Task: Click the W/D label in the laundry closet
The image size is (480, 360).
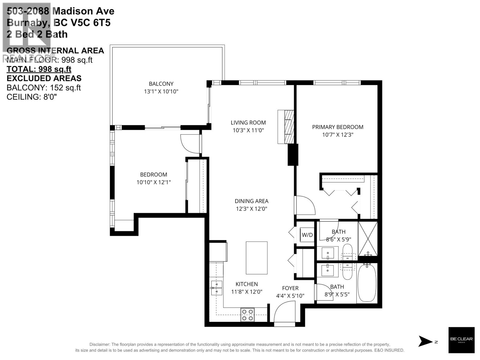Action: pos(307,235)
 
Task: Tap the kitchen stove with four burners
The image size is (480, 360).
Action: pos(247,315)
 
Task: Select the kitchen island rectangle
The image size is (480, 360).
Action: pos(256,258)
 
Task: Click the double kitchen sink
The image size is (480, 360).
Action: pos(217,288)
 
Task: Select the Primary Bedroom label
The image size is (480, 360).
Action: pos(337,127)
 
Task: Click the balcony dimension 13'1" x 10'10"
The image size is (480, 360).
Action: pos(161,91)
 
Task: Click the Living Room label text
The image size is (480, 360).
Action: pos(248,122)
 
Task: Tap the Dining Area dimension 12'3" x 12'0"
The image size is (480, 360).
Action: pos(251,209)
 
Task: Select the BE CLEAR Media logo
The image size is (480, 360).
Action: pos(461,340)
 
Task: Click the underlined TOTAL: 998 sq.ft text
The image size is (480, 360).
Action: pos(39,69)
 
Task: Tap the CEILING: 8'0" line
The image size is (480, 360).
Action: pos(31,97)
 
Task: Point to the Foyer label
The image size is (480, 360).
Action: pos(290,288)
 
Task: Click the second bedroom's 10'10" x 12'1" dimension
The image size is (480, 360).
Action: pos(154,182)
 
